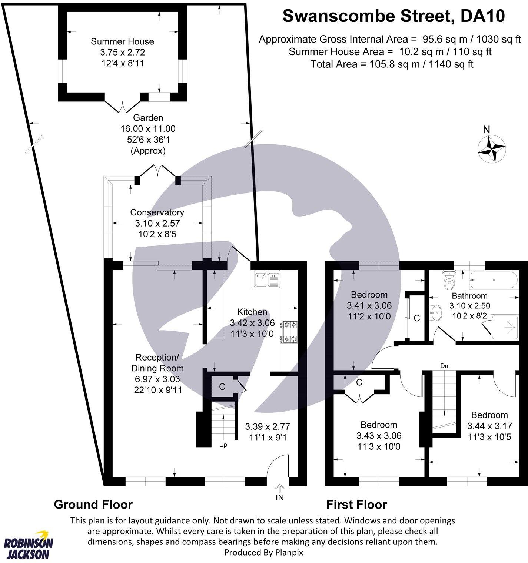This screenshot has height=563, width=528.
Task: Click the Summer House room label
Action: click(122, 41)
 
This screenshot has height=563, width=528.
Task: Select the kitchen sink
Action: click(267, 279)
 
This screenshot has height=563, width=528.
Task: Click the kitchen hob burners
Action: click(289, 332)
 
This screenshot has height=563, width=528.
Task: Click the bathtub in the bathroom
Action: click(492, 281)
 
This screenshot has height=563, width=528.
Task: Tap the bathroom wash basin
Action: click(437, 313)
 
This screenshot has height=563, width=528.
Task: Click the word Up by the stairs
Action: click(223, 445)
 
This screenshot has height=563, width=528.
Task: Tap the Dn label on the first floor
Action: click(444, 366)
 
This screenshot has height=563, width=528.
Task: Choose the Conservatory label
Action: click(157, 212)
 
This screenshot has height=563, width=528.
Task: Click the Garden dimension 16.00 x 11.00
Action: click(148, 129)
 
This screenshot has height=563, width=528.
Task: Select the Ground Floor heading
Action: click(93, 504)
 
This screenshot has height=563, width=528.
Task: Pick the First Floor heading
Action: click(356, 504)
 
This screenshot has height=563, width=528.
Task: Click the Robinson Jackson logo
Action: click(28, 548)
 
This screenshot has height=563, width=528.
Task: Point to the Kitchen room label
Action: click(252, 312)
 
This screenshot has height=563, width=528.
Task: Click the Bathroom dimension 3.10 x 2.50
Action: click(469, 306)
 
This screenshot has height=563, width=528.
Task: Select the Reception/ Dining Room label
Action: click(157, 363)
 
